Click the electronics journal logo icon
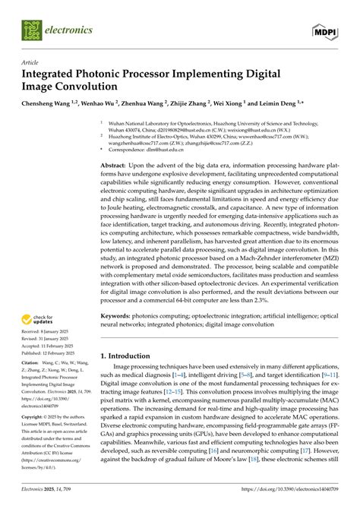[x=31, y=31]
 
